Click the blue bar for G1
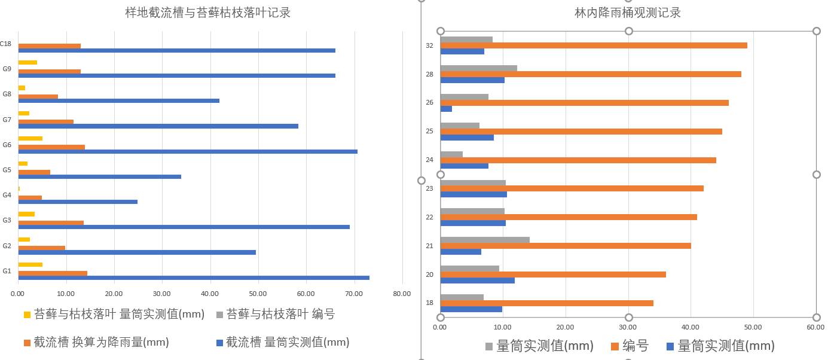pyautogui.click(x=194, y=277)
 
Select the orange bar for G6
pyautogui.click(x=51, y=147)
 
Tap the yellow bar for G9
pyautogui.click(x=28, y=62)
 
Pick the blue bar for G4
pyautogui.click(x=78, y=202)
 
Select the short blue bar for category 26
pyautogui.click(x=446, y=109)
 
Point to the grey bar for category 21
pyautogui.click(x=485, y=240)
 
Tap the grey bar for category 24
pyautogui.click(x=451, y=154)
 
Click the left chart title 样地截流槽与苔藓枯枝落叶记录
pyautogui.click(x=207, y=13)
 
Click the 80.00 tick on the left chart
pyautogui.click(x=402, y=294)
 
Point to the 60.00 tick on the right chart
pyautogui.click(x=815, y=327)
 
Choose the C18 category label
pyautogui.click(x=5, y=44)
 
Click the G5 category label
pyautogui.click(x=7, y=170)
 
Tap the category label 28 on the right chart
pyautogui.click(x=429, y=74)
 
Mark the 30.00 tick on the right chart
pyautogui.click(x=628, y=327)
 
